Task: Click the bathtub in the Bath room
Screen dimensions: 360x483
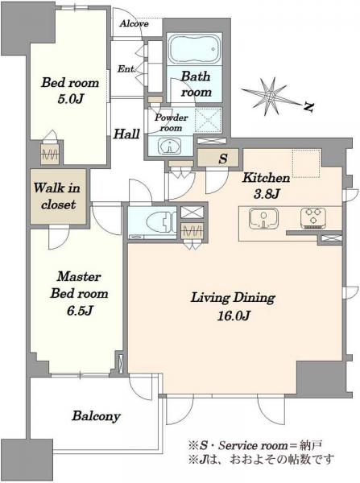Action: (x=194, y=48)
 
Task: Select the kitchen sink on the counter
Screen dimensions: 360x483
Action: (x=264, y=218)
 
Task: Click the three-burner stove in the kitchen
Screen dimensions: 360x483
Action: (x=313, y=218)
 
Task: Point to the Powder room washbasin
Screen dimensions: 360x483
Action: (x=169, y=146)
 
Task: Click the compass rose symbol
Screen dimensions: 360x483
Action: (x=270, y=97)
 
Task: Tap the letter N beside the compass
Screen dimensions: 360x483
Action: (x=308, y=107)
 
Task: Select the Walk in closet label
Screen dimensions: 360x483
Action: (x=58, y=196)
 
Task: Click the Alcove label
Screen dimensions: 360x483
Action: (x=134, y=23)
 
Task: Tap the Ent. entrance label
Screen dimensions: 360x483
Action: (x=126, y=69)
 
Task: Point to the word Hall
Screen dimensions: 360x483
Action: (x=126, y=134)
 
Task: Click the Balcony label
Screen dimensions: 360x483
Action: (x=96, y=416)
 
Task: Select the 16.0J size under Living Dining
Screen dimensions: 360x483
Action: (x=234, y=316)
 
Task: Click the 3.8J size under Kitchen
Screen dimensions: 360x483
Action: (x=266, y=194)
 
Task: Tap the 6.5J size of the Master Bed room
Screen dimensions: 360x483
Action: (x=80, y=311)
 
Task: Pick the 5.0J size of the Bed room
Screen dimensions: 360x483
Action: (x=71, y=99)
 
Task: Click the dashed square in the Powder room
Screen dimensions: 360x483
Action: (x=208, y=121)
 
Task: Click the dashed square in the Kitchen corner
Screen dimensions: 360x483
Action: (x=307, y=163)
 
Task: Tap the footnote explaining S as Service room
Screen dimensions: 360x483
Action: (x=256, y=445)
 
